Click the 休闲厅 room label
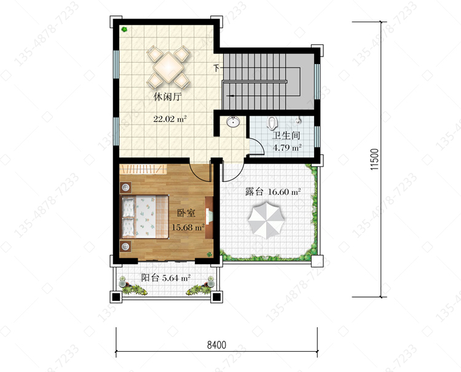[x=168, y=97]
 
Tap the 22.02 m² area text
[x=170, y=119]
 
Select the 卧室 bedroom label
[x=186, y=213]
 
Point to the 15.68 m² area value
[x=188, y=228]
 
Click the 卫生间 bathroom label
[x=286, y=135]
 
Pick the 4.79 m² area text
[x=287, y=148]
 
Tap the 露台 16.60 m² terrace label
[x=273, y=192]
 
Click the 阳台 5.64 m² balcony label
[x=165, y=277]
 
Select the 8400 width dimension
[x=217, y=345]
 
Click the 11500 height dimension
[x=374, y=159]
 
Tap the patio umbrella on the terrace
[x=266, y=220]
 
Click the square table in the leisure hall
[x=168, y=68]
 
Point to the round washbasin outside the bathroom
[x=233, y=122]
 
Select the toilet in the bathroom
[x=273, y=123]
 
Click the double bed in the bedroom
[x=145, y=216]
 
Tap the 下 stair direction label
[x=216, y=68]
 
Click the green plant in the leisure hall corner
[x=124, y=30]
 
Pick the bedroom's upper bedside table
[x=126, y=188]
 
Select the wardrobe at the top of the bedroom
[x=143, y=169]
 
